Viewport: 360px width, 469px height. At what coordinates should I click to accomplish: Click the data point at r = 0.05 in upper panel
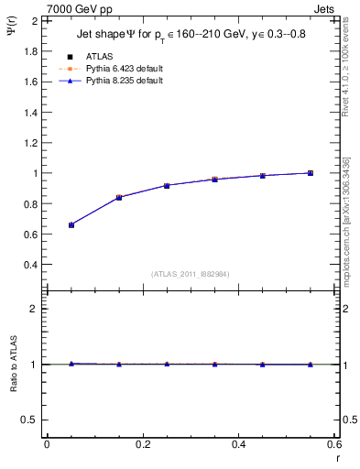pyautogui.click(x=71, y=224)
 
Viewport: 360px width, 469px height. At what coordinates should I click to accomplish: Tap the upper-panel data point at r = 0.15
pyautogui.click(x=119, y=197)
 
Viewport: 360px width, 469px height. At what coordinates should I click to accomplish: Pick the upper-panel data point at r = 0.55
pyautogui.click(x=311, y=173)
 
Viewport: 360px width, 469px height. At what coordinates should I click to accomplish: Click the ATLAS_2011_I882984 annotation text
pyautogui.click(x=191, y=274)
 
